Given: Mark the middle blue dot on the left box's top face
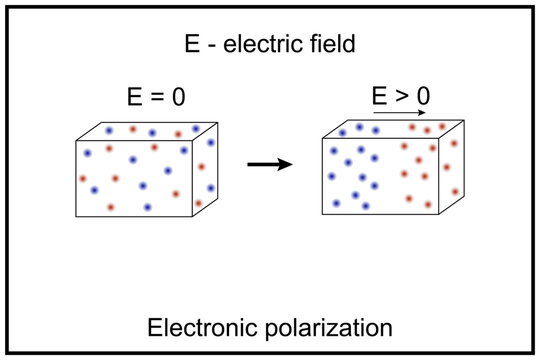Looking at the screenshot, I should tap(153, 130).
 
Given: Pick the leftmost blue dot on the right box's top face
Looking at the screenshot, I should tap(344, 132).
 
